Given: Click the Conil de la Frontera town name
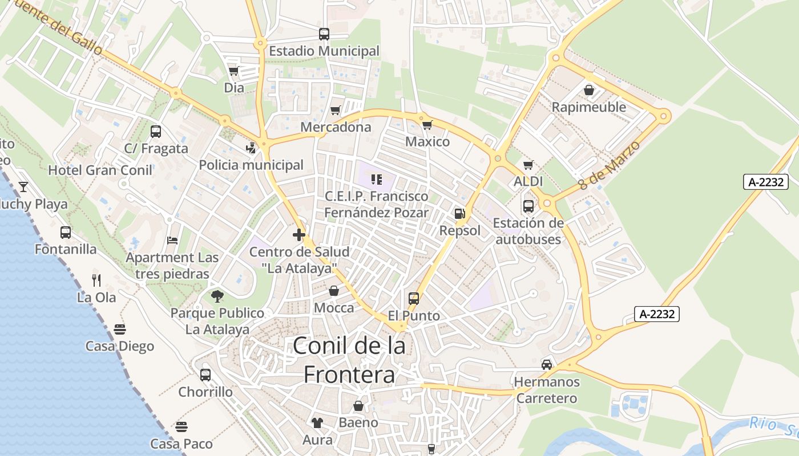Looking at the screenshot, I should pyautogui.click(x=349, y=360).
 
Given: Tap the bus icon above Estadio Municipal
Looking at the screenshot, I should pyautogui.click(x=324, y=34).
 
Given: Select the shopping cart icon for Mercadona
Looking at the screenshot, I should pyautogui.click(x=336, y=110).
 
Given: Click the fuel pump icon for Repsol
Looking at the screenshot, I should pyautogui.click(x=459, y=214).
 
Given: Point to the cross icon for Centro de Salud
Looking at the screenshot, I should pyautogui.click(x=298, y=234).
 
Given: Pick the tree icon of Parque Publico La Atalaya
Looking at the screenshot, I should pyautogui.click(x=217, y=296).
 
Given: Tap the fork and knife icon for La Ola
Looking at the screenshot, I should pyautogui.click(x=96, y=280).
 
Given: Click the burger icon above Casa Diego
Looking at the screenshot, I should pyautogui.click(x=120, y=329).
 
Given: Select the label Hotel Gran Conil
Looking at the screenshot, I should pyautogui.click(x=100, y=170).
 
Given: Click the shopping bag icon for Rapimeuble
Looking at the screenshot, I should pyautogui.click(x=589, y=90).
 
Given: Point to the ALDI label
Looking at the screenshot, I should pyautogui.click(x=528, y=181).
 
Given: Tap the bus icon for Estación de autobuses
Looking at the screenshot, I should pyautogui.click(x=528, y=206).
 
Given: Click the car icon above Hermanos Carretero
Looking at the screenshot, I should pyautogui.click(x=547, y=364).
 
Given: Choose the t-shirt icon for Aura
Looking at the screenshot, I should pyautogui.click(x=317, y=422).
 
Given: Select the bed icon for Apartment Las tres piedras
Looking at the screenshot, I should pyautogui.click(x=172, y=241).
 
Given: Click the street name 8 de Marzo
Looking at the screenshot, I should pyautogui.click(x=609, y=165).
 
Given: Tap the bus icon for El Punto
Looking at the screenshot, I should pyautogui.click(x=414, y=298).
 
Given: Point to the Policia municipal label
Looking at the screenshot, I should pyautogui.click(x=251, y=165).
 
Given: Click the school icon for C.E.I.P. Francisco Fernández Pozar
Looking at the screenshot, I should pyautogui.click(x=376, y=180).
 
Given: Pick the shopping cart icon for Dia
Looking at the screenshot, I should pyautogui.click(x=233, y=71).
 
